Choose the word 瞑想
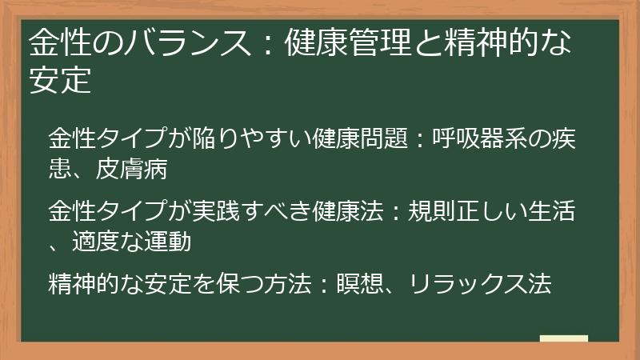pos(362,286)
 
